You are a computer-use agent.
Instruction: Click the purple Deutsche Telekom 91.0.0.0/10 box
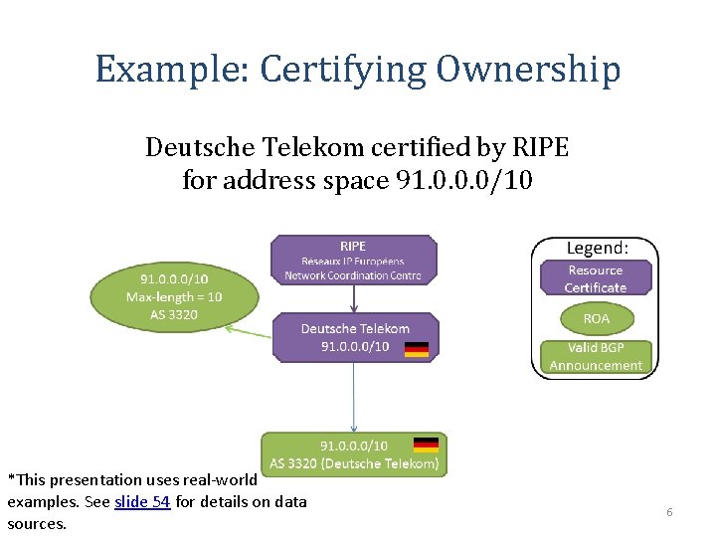[355, 337]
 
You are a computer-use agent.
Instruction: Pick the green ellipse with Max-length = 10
[174, 296]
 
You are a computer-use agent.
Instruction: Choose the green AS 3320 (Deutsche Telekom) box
[353, 454]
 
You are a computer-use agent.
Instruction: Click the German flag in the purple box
[416, 348]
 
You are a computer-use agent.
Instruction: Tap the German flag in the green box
[426, 445]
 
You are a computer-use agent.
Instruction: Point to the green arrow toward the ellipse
[249, 331]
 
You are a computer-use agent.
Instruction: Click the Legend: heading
[597, 247]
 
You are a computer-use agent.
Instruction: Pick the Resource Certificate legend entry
[596, 278]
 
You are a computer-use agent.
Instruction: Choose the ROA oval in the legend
[596, 318]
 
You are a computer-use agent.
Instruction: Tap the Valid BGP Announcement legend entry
[596, 357]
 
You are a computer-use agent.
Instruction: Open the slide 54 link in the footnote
[142, 501]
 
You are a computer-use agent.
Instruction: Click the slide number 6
[669, 511]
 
